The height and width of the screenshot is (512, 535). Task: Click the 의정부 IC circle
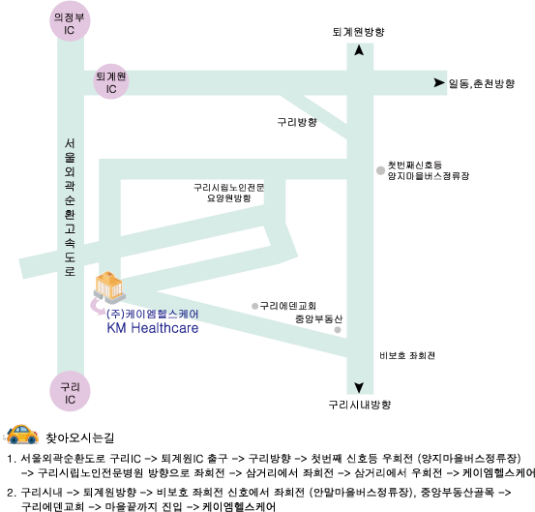[x=70, y=21]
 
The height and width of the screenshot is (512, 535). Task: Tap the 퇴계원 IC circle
[x=111, y=81]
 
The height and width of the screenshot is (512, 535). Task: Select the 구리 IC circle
[x=70, y=391]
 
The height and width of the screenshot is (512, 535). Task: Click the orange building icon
[x=109, y=287]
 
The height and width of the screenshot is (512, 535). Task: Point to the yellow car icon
[x=22, y=435]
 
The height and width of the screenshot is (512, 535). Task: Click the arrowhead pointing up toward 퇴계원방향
[x=359, y=50]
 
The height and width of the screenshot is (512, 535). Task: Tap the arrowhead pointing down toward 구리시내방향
[x=359, y=387]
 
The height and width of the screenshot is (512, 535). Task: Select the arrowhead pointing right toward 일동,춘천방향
[x=439, y=82]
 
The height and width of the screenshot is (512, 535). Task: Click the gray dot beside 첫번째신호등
[x=380, y=170]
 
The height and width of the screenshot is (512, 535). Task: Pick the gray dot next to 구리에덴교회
[x=254, y=306]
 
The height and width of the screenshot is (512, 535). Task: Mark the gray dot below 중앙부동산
[x=338, y=330]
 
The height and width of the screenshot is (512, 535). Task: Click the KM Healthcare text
[x=153, y=328]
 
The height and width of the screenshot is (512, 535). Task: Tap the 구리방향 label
[x=297, y=122]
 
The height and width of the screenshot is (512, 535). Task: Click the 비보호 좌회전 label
[x=407, y=355]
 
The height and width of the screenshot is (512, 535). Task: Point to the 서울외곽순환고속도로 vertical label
[x=70, y=207]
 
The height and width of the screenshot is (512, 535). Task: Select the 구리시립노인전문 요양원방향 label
[x=229, y=193]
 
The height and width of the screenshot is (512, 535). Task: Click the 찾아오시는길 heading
[x=80, y=437]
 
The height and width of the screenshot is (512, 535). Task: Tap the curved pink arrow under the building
[x=97, y=307]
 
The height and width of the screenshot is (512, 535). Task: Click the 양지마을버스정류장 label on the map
[x=429, y=176]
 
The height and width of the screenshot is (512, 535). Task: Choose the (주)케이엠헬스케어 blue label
[x=153, y=314]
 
